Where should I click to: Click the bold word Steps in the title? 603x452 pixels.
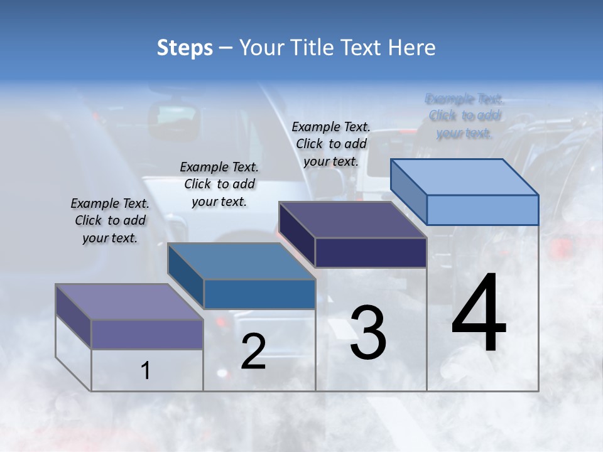click(185, 48)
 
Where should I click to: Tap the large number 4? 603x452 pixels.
click(479, 313)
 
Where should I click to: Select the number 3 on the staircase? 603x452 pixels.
click(368, 333)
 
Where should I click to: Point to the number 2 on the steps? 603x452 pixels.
click(253, 352)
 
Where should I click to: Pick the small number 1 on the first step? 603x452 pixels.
click(146, 371)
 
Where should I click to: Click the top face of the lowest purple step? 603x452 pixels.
click(129, 301)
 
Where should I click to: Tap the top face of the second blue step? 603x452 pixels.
click(241, 261)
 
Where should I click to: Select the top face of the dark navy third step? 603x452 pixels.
click(352, 220)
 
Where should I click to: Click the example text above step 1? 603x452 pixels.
click(110, 220)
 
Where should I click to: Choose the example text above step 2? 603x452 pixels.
click(219, 184)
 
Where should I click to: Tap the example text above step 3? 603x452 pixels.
click(331, 144)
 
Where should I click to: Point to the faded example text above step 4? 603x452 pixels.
click(465, 116)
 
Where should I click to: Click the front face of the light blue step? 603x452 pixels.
click(482, 210)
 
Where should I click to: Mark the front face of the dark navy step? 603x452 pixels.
click(371, 252)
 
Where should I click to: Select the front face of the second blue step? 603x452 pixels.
click(259, 294)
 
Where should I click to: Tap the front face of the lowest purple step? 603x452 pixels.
click(147, 334)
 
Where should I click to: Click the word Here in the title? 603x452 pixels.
click(413, 48)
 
